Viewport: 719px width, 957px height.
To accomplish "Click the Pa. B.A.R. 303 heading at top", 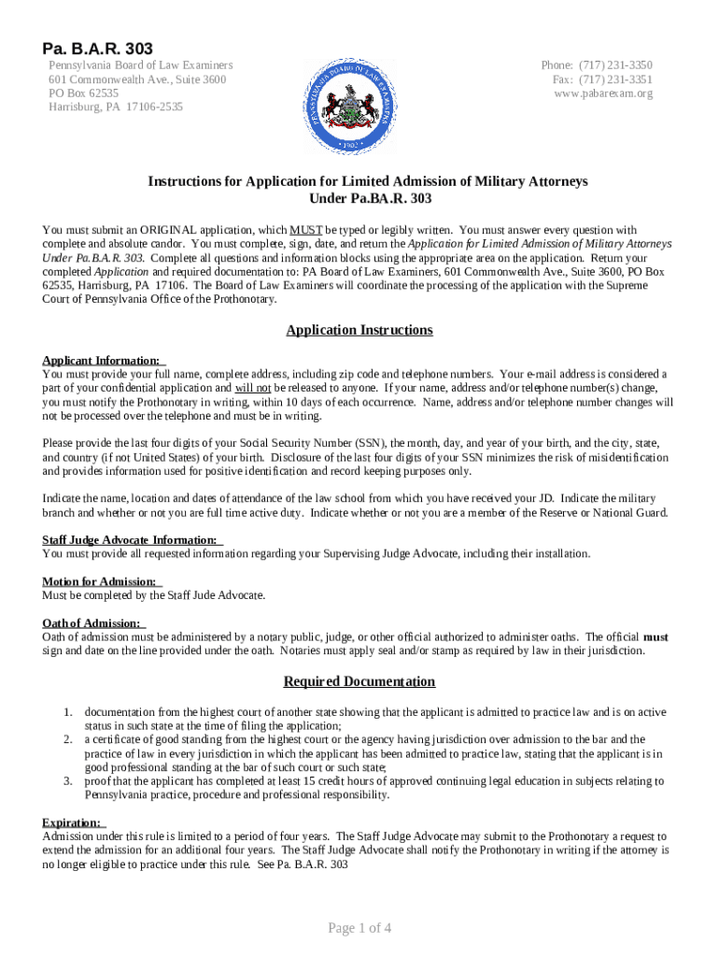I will tap(96, 48).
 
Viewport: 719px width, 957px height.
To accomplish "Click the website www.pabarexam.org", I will tap(603, 93).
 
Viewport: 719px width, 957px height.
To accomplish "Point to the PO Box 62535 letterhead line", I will tap(84, 93).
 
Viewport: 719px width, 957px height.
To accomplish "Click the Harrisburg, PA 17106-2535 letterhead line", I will tap(116, 107).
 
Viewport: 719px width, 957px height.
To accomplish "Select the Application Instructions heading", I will tap(359, 330).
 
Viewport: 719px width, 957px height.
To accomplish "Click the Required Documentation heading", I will tap(359, 681).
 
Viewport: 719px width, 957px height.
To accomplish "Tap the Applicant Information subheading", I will tap(102, 360).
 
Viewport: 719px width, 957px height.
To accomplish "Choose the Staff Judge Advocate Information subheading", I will tap(130, 539).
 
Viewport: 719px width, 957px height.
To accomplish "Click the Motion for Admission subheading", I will tap(100, 581).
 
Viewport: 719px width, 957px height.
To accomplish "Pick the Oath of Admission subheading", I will tap(92, 623).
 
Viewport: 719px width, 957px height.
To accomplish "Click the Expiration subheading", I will tap(72, 822).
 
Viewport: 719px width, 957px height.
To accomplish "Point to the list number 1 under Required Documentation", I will tap(68, 712).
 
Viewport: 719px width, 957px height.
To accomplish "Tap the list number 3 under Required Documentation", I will tap(68, 781).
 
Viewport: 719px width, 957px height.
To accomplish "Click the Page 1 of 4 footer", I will tap(359, 928).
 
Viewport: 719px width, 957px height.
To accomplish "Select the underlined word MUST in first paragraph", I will tap(306, 230).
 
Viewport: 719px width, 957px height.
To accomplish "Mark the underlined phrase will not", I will tap(253, 387).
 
